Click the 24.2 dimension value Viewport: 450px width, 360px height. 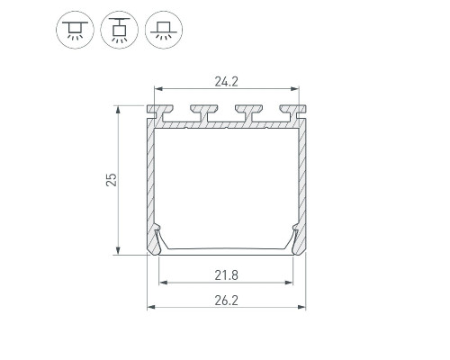(x=226, y=82)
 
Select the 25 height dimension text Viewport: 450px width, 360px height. (x=112, y=180)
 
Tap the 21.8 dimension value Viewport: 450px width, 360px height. (x=226, y=275)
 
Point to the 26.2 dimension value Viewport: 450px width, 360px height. (x=226, y=301)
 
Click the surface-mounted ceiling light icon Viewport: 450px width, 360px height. (x=75, y=30)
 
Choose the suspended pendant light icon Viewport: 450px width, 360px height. (x=120, y=30)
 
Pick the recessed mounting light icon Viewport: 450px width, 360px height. (x=164, y=30)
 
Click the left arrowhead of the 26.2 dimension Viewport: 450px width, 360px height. (x=150, y=307)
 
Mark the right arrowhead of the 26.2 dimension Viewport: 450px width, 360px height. (x=302, y=307)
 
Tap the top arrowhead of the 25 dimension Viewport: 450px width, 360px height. (x=118, y=109)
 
